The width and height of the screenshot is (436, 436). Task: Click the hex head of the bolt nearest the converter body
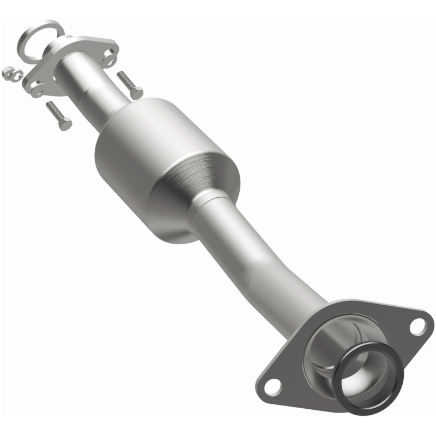pyautogui.click(x=136, y=93)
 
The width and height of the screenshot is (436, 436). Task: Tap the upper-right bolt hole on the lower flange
pyautogui.click(x=417, y=326)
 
